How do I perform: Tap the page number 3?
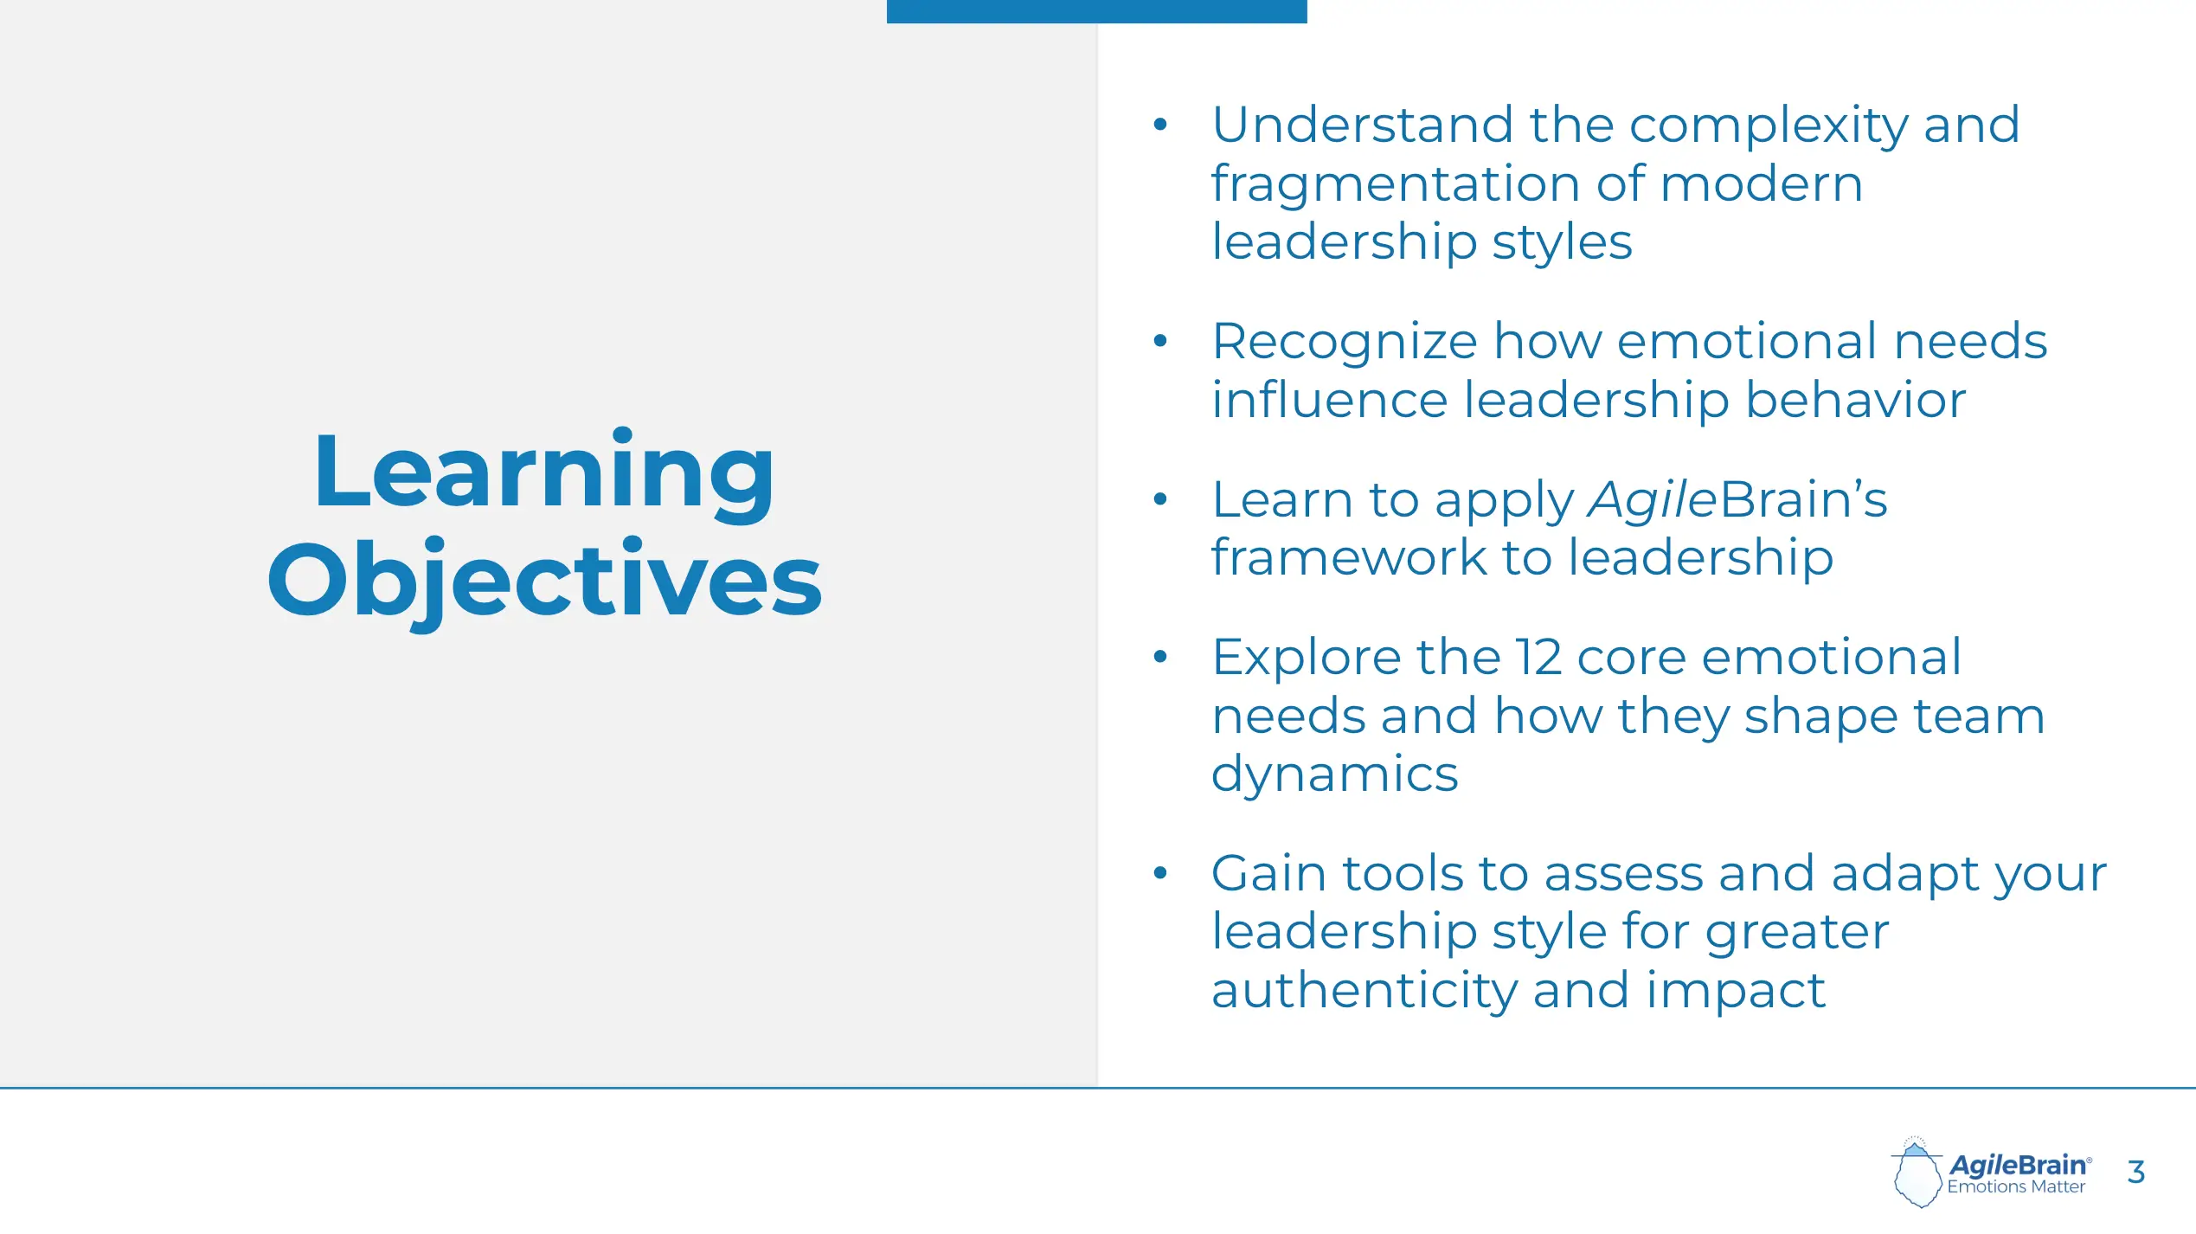2135,1172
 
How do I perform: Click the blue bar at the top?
1096,11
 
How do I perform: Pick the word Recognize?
1345,343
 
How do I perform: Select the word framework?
1349,556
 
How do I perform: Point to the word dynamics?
1335,774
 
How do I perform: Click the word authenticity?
1364,991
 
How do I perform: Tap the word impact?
1736,992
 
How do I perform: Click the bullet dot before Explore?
1160,657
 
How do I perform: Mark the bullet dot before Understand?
1160,125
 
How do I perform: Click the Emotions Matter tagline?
2016,1187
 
